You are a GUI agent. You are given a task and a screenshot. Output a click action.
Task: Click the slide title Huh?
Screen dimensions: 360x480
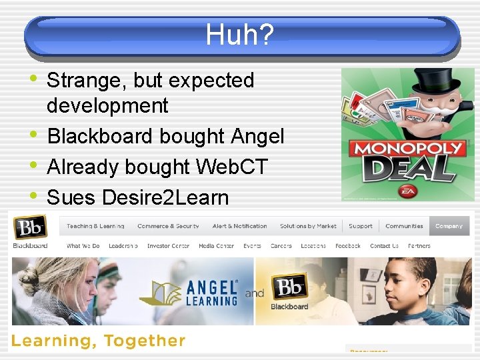[x=239, y=35]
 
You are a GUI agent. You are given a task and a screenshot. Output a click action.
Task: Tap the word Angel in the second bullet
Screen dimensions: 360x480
[x=257, y=137]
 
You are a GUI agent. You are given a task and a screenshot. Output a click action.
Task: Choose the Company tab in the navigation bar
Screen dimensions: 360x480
[x=449, y=226]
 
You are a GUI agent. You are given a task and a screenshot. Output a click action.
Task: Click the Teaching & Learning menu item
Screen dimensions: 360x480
[x=95, y=226]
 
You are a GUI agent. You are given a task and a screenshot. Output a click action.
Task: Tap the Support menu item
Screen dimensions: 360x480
[x=361, y=226]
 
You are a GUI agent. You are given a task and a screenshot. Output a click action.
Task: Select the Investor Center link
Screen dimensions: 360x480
[x=168, y=246]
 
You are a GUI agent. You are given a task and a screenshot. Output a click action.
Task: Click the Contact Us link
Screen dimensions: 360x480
[x=384, y=246]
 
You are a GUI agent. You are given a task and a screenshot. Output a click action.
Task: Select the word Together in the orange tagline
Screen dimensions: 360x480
[x=144, y=341]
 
